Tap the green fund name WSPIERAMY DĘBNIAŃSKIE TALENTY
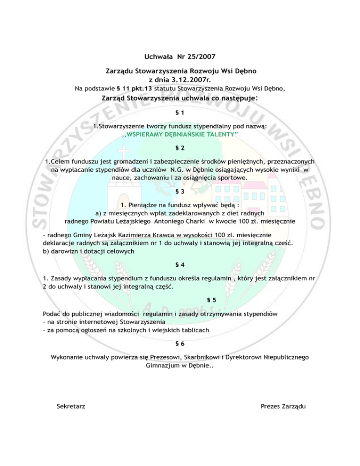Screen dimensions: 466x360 [180, 135]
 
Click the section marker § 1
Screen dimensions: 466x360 [180, 113]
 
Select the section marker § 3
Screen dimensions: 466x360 [180, 191]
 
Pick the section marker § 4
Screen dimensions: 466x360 [180, 265]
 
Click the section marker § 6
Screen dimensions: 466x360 [180, 344]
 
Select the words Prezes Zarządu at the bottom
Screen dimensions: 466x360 [283, 406]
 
